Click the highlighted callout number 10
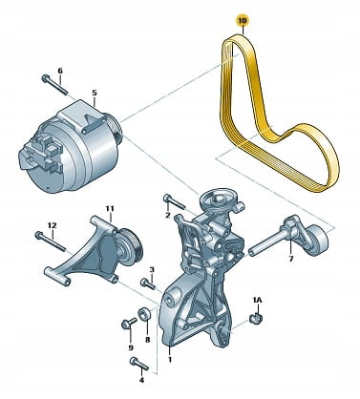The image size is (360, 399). [x=243, y=21]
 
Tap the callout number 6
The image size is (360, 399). [x=60, y=71]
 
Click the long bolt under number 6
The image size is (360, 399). [x=54, y=84]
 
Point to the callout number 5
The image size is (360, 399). [x=95, y=93]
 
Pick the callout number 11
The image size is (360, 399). [x=110, y=209]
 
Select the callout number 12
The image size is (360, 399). [x=53, y=225]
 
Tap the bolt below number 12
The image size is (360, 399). [x=50, y=241]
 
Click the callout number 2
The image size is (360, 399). [x=168, y=216]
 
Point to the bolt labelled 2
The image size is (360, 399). [x=174, y=202]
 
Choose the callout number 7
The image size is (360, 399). [x=290, y=259]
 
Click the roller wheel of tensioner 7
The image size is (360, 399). [x=316, y=240]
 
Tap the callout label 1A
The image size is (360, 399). [x=257, y=300]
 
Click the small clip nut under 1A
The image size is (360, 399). [x=256, y=318]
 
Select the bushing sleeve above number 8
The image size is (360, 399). [x=143, y=314]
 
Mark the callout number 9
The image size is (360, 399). [x=131, y=347]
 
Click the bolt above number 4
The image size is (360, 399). [x=139, y=364]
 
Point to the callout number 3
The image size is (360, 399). [x=152, y=270]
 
